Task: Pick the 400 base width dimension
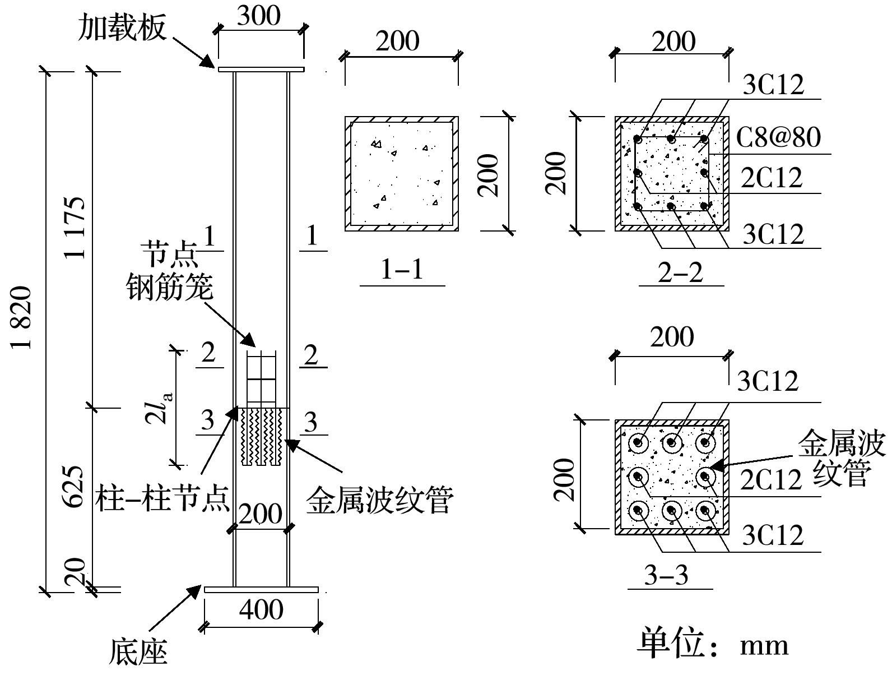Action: point(261,609)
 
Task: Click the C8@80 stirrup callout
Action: point(778,137)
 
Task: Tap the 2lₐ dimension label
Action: point(160,408)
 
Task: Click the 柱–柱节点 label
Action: point(162,498)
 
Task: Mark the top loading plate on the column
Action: point(261,70)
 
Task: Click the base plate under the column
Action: point(261,590)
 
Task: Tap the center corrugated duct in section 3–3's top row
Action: point(672,443)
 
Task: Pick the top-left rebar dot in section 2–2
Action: point(637,138)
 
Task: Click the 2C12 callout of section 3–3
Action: point(772,480)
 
